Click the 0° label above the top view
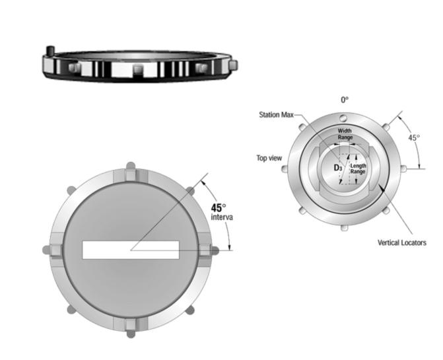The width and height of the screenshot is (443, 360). (x=344, y=100)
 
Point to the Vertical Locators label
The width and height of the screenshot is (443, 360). (x=401, y=242)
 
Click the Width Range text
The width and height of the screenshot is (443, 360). (x=345, y=134)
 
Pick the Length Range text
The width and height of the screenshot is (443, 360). (x=357, y=169)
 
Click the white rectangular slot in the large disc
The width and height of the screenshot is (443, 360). (x=130, y=250)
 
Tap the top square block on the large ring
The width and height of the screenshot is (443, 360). (x=130, y=175)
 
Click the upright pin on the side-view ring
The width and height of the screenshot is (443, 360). (x=49, y=52)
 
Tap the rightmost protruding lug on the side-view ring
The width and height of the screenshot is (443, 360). (x=233, y=63)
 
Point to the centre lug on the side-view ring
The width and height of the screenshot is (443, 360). (x=137, y=69)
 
